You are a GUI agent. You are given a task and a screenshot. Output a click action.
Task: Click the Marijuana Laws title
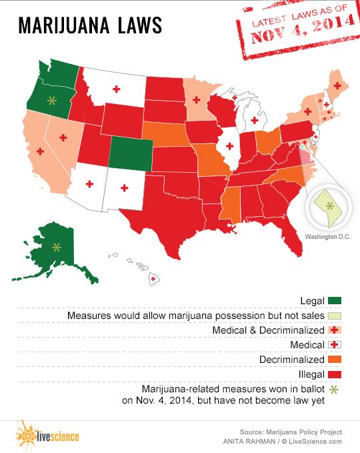(x=89, y=25)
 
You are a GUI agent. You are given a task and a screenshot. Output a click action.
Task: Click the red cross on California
(x=40, y=151)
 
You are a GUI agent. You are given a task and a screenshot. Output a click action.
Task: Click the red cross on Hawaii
(x=154, y=278)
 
